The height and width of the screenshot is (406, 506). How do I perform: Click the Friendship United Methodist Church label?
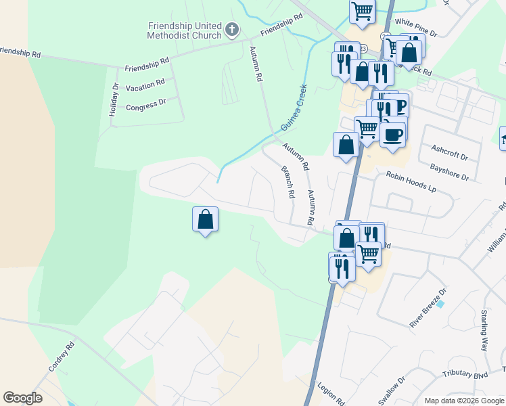click(x=185, y=30)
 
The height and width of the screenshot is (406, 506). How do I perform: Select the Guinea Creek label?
click(x=294, y=102)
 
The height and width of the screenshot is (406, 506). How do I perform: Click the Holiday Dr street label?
click(x=114, y=99)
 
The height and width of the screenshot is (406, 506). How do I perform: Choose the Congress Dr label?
click(x=146, y=106)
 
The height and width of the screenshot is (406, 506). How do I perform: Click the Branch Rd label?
click(x=288, y=183)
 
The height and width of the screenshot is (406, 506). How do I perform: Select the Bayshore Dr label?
click(x=449, y=171)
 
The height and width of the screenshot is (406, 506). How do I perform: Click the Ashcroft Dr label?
click(x=450, y=152)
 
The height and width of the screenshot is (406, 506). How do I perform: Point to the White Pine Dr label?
click(x=417, y=27)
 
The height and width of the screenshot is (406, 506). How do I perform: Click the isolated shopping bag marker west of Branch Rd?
click(x=206, y=219)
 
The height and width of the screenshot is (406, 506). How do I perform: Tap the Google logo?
click(x=22, y=398)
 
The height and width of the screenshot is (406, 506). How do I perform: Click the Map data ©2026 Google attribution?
click(x=464, y=401)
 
